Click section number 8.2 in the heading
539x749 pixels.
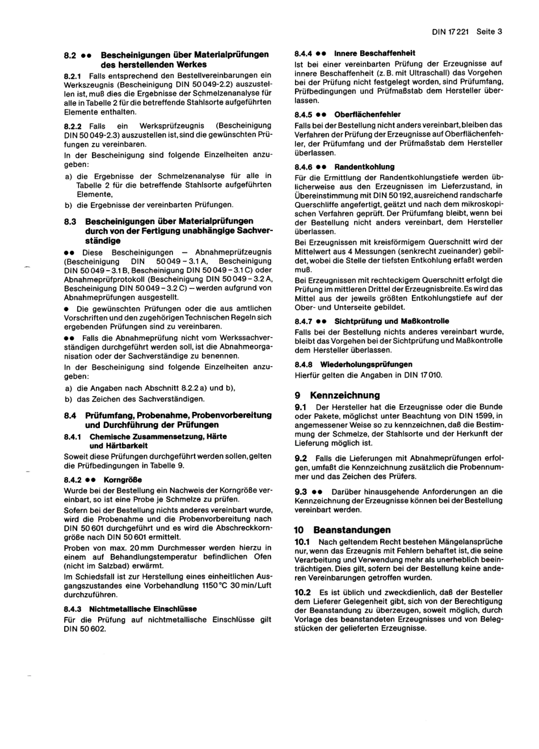(x=70, y=55)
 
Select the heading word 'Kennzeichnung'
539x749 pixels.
(x=345, y=395)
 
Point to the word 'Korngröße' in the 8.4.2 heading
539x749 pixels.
(x=123, y=480)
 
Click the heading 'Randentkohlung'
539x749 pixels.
(x=364, y=167)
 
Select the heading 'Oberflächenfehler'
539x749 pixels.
(x=367, y=115)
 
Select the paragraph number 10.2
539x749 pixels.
(x=302, y=592)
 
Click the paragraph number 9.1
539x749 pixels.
(x=301, y=407)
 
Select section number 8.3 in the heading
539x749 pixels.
(x=70, y=221)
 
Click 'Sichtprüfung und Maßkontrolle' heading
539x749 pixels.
(x=391, y=321)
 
